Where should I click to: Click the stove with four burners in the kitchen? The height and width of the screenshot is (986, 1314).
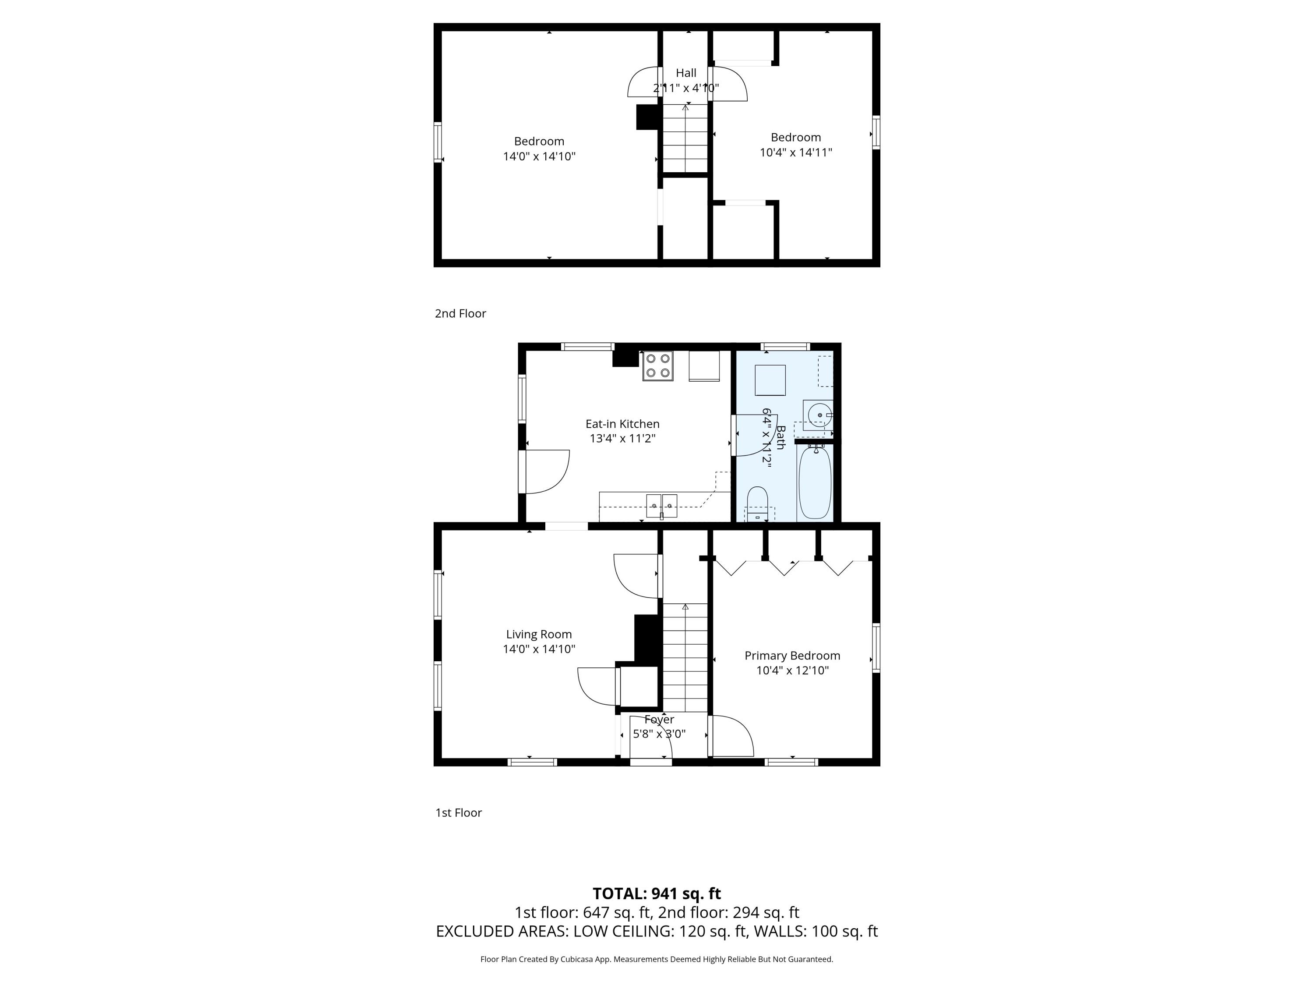tap(657, 365)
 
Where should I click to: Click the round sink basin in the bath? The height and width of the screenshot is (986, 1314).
tap(819, 414)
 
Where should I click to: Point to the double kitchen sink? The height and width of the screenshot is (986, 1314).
tap(661, 506)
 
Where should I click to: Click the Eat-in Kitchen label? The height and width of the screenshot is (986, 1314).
tap(622, 424)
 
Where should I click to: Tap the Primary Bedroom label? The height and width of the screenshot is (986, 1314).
tap(792, 656)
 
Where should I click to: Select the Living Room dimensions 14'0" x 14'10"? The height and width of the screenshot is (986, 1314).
tap(539, 649)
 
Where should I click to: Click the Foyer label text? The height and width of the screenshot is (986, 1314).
tap(659, 719)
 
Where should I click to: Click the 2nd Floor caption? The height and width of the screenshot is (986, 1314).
tap(460, 313)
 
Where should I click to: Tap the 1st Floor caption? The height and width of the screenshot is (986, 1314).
tap(458, 812)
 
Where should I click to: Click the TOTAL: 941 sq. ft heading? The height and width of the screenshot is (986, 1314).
tap(657, 893)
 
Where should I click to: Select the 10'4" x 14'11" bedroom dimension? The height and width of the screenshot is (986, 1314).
tap(795, 152)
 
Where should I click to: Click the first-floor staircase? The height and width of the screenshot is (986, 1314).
tap(685, 657)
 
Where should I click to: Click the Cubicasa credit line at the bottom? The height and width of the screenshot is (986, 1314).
tap(657, 959)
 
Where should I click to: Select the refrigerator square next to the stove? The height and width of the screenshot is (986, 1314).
tap(704, 365)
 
